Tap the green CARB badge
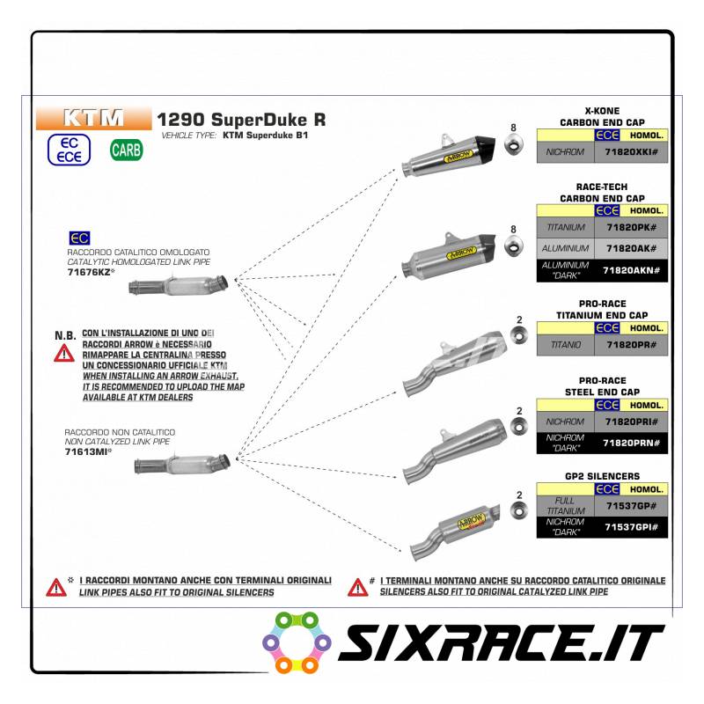(126, 150)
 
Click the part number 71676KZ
(90, 272)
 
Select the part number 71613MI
(88, 451)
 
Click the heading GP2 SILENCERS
(602, 476)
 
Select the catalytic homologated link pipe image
(180, 286)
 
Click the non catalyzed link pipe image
(183, 464)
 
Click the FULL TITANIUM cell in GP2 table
(564, 506)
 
